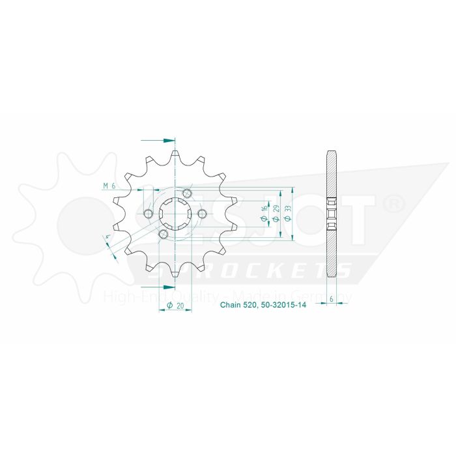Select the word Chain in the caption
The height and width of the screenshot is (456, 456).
pyautogui.click(x=230, y=304)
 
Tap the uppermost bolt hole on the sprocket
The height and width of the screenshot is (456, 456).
pyautogui.click(x=188, y=193)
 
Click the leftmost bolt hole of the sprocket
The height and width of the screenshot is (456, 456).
pyautogui.click(x=150, y=214)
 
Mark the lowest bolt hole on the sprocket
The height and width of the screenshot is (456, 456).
pyautogui.click(x=164, y=235)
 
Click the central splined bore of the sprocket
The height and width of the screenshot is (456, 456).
pyautogui.click(x=176, y=214)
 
